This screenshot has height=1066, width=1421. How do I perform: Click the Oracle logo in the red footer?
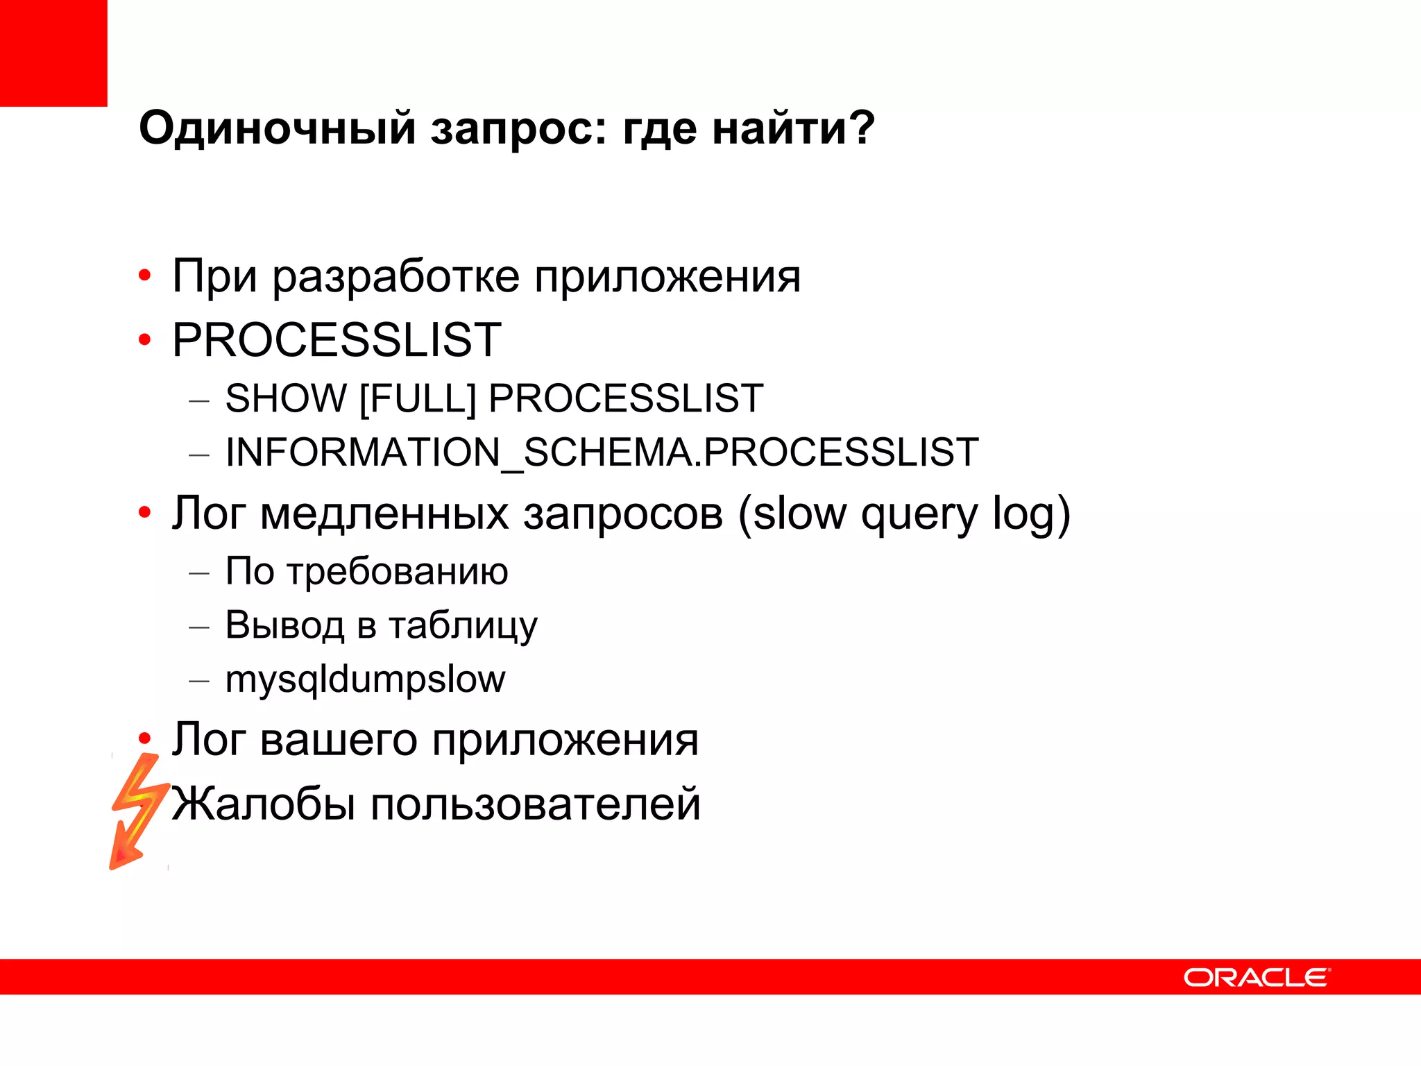tap(1256, 977)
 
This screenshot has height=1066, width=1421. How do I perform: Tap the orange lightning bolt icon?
tap(139, 810)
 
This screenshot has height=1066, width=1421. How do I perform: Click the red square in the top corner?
tap(53, 53)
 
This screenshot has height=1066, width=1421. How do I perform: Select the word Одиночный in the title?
tap(278, 129)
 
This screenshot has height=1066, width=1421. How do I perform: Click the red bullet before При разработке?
tap(144, 276)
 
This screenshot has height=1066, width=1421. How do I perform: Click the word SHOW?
tap(286, 399)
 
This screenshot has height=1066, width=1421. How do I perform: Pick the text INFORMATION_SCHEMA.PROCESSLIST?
tap(602, 452)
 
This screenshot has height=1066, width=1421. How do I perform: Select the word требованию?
tap(398, 573)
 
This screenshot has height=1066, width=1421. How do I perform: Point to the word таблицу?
tap(463, 626)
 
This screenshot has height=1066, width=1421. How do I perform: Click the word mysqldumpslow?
tap(366, 680)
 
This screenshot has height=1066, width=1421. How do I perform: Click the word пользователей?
tap(535, 804)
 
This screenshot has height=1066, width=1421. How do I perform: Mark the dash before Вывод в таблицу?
tap(199, 627)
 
